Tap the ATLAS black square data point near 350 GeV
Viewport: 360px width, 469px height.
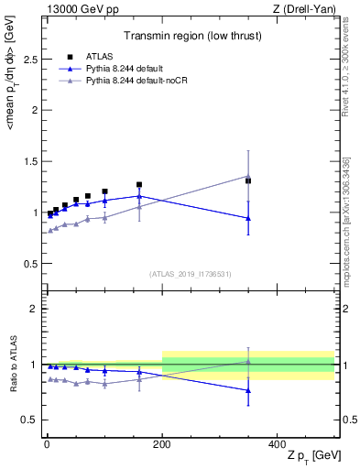(248, 180)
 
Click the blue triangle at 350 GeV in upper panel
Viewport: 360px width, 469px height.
(248, 218)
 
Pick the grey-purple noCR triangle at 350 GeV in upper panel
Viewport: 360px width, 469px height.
(248, 176)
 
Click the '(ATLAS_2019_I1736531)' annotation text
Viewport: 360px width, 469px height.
(189, 274)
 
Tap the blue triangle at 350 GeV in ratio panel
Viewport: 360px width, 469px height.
(248, 391)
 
